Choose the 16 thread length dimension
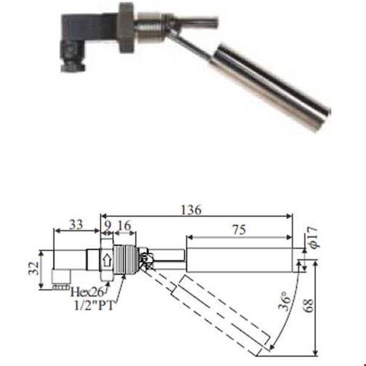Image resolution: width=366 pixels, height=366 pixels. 125,224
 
